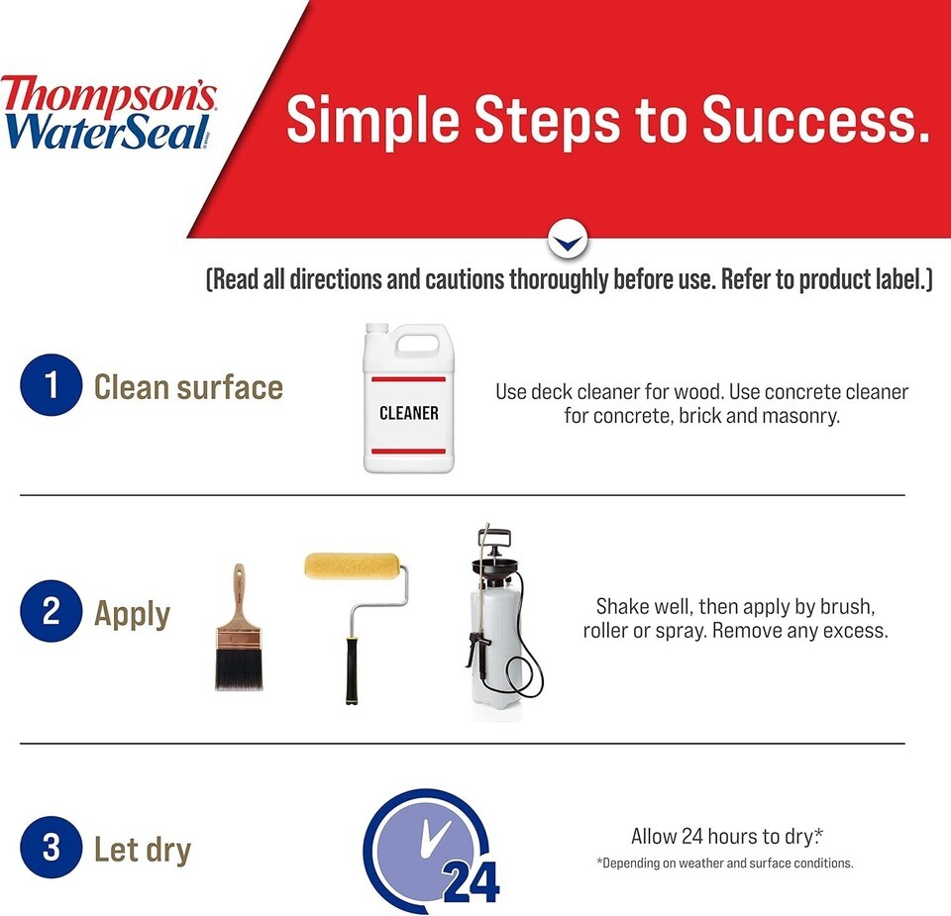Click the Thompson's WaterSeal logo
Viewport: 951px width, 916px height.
coord(108,112)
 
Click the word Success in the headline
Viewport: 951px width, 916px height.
coord(815,120)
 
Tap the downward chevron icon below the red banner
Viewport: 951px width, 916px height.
coord(567,241)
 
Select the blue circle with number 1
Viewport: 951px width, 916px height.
coord(51,385)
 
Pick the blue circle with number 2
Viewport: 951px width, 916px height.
coord(51,610)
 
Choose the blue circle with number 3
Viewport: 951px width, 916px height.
coord(51,847)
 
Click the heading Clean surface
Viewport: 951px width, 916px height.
coord(188,387)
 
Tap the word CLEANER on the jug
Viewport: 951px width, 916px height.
coord(409,414)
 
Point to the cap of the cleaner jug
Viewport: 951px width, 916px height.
coord(376,329)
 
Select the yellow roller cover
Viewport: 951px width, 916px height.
coord(352,565)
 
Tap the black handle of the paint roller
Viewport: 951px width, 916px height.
coord(352,670)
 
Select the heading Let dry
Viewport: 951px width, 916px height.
coord(143,849)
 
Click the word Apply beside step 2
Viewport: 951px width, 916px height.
coord(132,614)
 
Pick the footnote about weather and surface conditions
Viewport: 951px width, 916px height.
coord(725,863)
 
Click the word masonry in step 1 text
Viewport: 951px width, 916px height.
coord(800,416)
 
